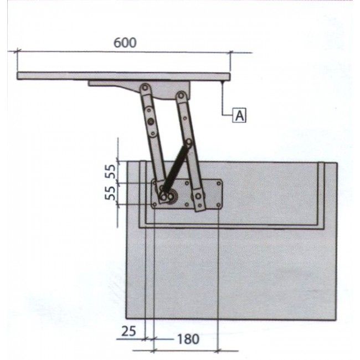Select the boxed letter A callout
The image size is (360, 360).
click(x=239, y=115)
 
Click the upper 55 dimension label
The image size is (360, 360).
click(x=111, y=171)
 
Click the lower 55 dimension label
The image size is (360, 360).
click(x=111, y=193)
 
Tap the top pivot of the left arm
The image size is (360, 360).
click(x=145, y=88)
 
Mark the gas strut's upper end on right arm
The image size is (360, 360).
click(x=189, y=143)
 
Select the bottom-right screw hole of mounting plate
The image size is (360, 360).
click(x=219, y=206)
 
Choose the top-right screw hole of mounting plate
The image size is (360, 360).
click(x=219, y=183)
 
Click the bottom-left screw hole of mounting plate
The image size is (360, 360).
click(x=155, y=205)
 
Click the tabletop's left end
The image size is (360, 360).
click(x=19, y=75)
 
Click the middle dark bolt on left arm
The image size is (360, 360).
click(x=150, y=119)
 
